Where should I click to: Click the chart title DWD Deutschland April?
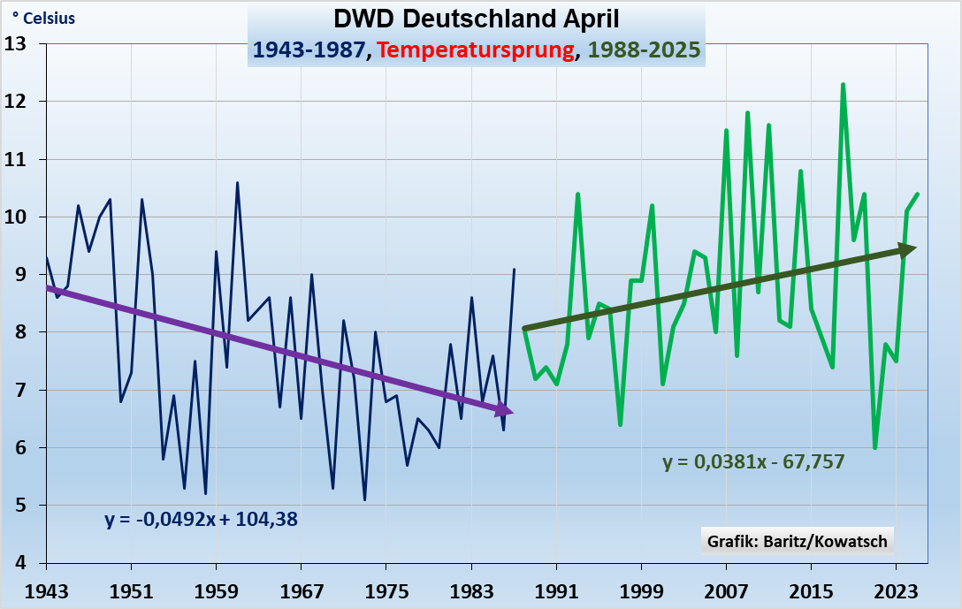click(x=477, y=19)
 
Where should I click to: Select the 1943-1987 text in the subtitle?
click(x=309, y=49)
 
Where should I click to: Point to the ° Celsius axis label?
click(x=43, y=19)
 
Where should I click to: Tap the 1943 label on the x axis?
click(x=45, y=589)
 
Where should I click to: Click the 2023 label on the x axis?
click(x=896, y=589)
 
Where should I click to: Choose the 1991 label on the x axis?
click(x=556, y=589)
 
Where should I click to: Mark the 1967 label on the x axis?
click(x=301, y=589)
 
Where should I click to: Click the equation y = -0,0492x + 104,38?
click(x=201, y=520)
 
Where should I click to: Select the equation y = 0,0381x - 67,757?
click(x=753, y=461)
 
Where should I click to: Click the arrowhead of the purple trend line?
click(x=504, y=409)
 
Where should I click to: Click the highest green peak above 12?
click(x=843, y=85)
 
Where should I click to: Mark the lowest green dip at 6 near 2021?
click(x=874, y=447)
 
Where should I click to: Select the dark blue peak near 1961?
click(x=237, y=183)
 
